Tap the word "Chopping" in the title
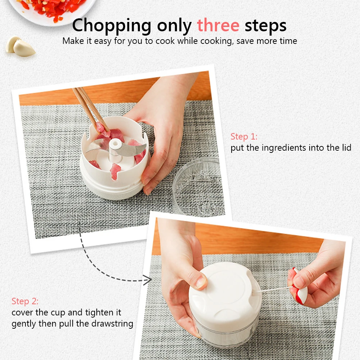pos(111,26)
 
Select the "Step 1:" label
pos(244,137)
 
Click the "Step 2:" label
pos(25,301)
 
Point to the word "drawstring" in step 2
pos(112,324)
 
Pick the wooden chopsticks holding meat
pos(91,110)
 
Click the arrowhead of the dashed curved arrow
pos(147,280)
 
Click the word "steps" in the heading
pos(266,26)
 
